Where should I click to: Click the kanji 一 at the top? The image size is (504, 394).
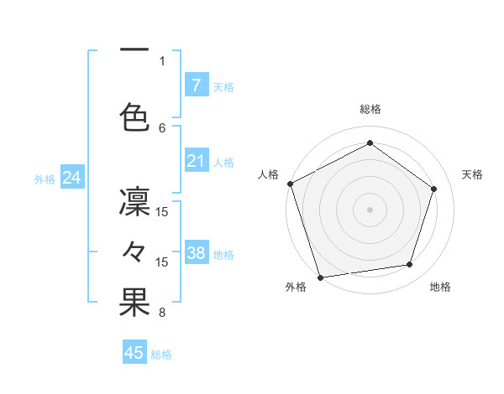(134, 50)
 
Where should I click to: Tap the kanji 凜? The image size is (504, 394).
(134, 204)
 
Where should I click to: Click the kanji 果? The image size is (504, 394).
(134, 303)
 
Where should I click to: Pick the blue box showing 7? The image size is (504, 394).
(196, 85)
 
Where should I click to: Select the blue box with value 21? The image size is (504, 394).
(196, 161)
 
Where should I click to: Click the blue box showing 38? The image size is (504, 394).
(196, 252)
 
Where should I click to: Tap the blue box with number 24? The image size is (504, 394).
(71, 178)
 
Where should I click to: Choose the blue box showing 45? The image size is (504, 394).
(134, 353)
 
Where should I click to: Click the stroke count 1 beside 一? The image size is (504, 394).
(162, 60)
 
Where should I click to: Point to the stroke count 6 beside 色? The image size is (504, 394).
(162, 127)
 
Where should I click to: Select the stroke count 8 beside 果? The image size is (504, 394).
(162, 314)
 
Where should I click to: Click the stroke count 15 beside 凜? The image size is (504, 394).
(162, 211)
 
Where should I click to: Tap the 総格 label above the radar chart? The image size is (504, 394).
(370, 109)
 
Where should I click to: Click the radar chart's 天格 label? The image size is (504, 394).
(473, 174)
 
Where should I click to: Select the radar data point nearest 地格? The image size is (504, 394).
(410, 265)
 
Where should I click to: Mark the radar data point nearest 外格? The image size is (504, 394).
(320, 276)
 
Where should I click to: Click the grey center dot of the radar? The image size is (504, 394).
(370, 209)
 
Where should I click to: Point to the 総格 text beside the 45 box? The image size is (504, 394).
(161, 354)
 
